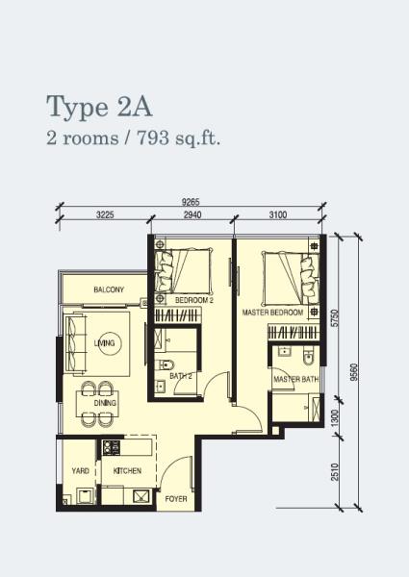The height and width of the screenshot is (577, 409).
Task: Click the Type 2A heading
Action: tap(99, 107)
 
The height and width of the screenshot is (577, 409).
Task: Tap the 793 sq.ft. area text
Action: tap(179, 139)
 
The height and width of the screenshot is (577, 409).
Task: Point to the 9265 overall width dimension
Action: tap(191, 202)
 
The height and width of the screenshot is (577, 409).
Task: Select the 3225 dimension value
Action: tap(105, 214)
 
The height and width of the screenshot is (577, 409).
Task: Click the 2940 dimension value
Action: tap(192, 214)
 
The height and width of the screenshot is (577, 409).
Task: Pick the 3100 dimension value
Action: tap(277, 214)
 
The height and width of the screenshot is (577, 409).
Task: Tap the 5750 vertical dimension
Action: tap(335, 318)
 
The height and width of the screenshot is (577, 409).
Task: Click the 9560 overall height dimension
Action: tap(354, 372)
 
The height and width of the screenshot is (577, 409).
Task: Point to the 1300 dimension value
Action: tap(335, 418)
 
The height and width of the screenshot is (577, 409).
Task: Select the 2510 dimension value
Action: tap(335, 472)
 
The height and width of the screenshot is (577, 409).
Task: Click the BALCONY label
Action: tap(109, 289)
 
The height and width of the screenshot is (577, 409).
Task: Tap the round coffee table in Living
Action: tap(110, 343)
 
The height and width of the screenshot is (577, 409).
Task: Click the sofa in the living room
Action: tap(75, 342)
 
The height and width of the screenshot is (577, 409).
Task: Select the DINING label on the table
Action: tap(105, 403)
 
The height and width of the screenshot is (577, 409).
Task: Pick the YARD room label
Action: tap(80, 470)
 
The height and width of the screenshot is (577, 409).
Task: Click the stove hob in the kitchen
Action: tap(112, 447)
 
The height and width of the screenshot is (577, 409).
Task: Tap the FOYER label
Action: tap(176, 499)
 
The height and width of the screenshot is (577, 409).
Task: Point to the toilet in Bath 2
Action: tap(166, 364)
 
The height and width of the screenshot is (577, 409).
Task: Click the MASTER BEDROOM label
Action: tap(272, 313)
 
